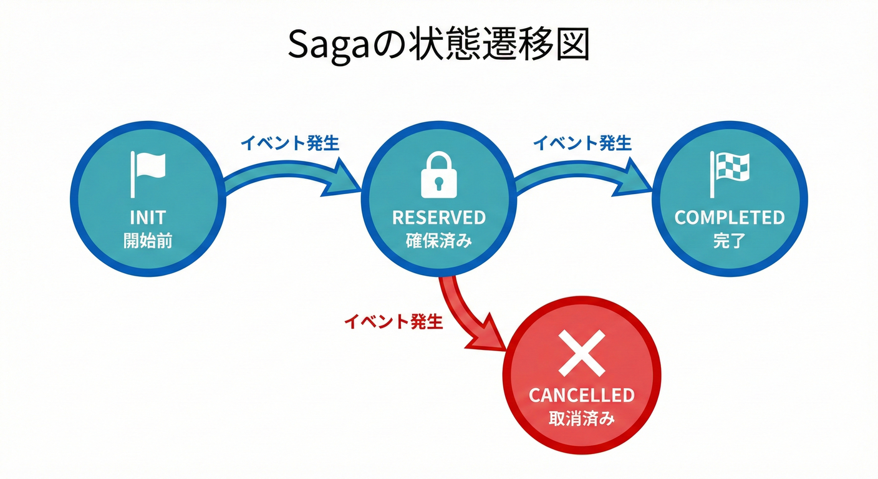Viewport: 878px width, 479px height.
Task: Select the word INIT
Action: coord(148,218)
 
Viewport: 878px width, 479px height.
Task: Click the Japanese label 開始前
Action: coord(148,241)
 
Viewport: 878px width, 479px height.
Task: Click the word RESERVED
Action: coord(438,218)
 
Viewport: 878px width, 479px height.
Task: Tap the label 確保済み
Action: coord(438,241)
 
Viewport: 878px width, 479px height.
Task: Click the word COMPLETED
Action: coord(730,218)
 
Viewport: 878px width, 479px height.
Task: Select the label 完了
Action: coord(730,241)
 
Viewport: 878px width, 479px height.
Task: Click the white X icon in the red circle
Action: coord(581,353)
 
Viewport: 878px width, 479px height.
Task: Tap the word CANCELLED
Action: coord(581,395)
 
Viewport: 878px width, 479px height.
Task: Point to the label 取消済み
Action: coord(581,418)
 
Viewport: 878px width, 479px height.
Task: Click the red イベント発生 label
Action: coord(393,322)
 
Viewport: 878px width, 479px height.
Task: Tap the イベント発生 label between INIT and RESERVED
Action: coord(290,143)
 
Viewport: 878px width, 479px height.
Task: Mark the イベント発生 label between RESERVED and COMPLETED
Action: coord(582,143)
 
